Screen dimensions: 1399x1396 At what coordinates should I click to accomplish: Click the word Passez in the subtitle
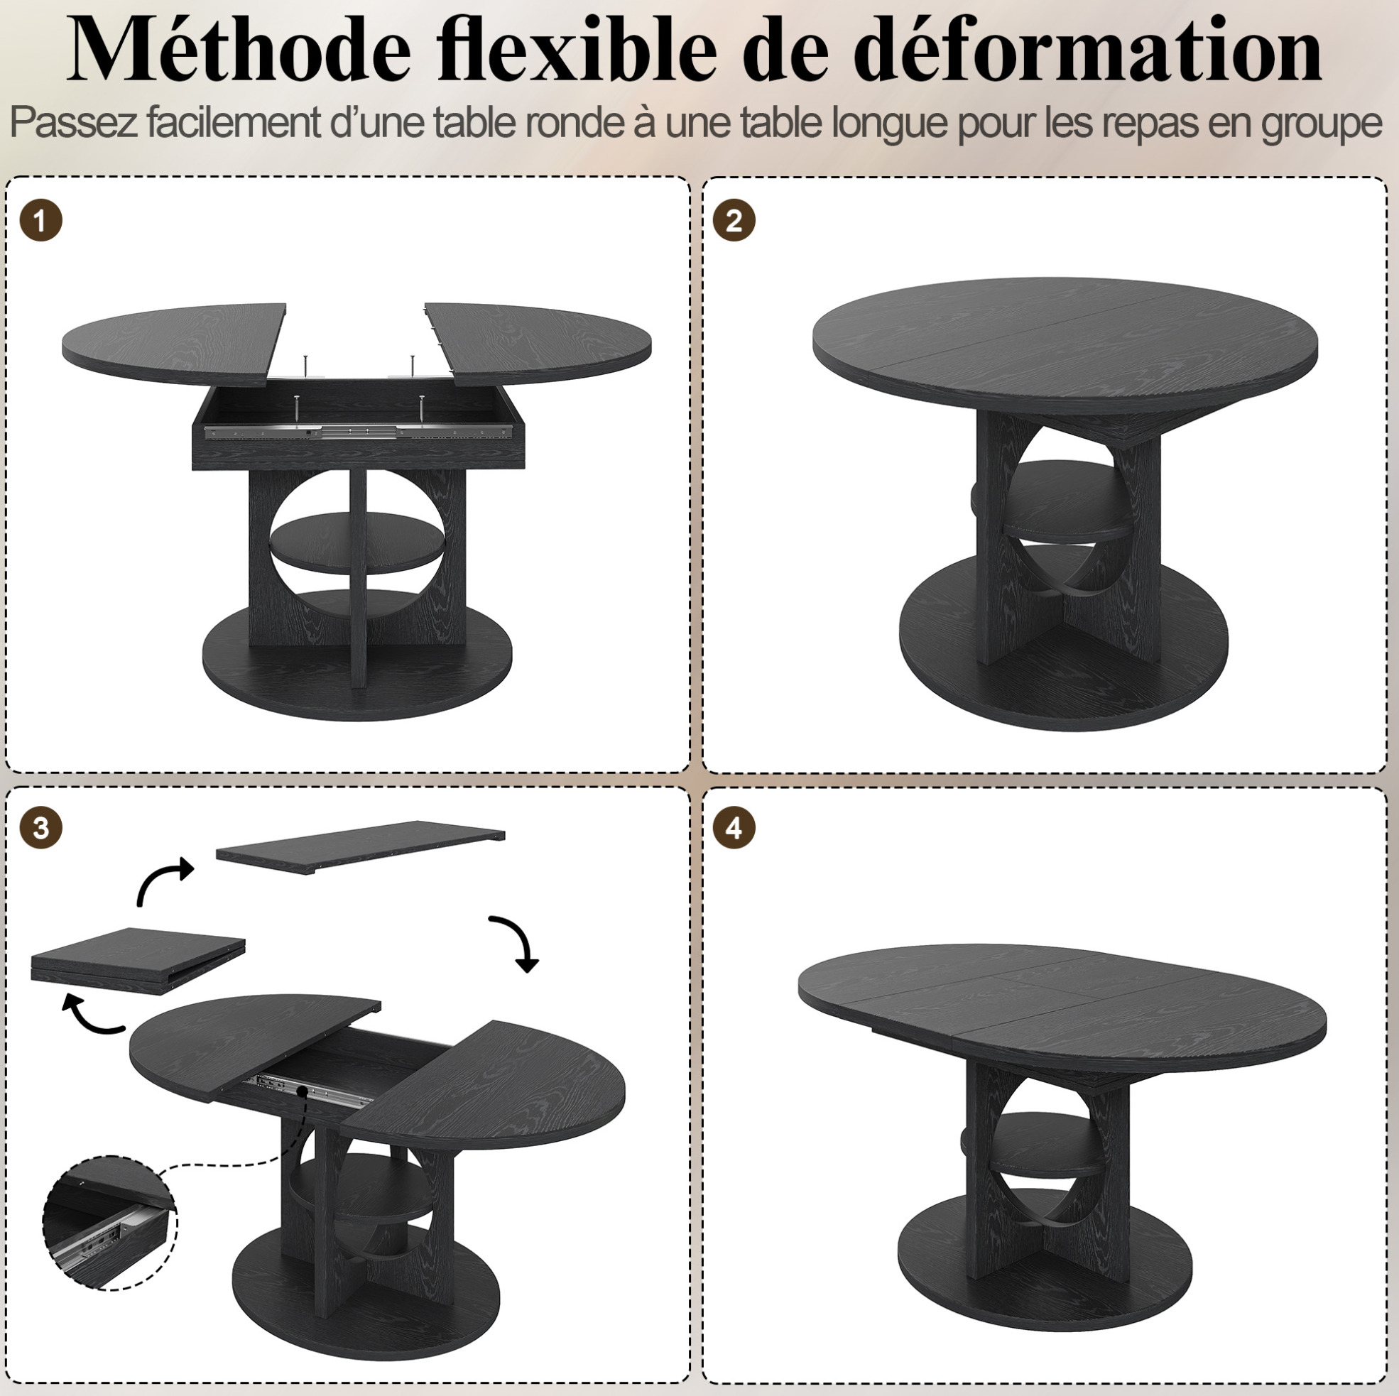(74, 122)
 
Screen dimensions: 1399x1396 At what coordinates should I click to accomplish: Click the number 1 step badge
(41, 220)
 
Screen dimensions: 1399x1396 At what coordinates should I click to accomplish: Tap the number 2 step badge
(734, 220)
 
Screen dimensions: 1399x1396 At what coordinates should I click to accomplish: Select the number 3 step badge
(41, 828)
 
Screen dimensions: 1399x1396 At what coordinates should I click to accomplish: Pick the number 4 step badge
(734, 828)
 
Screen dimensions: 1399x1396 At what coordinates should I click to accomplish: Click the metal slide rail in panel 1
(359, 432)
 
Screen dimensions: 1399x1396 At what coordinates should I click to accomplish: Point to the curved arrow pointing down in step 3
(517, 941)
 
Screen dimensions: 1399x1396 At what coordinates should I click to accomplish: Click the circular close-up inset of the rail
(110, 1222)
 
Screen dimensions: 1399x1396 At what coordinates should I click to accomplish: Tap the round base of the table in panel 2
(1063, 662)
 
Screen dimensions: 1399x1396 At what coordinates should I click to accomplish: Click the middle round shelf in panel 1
(358, 542)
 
